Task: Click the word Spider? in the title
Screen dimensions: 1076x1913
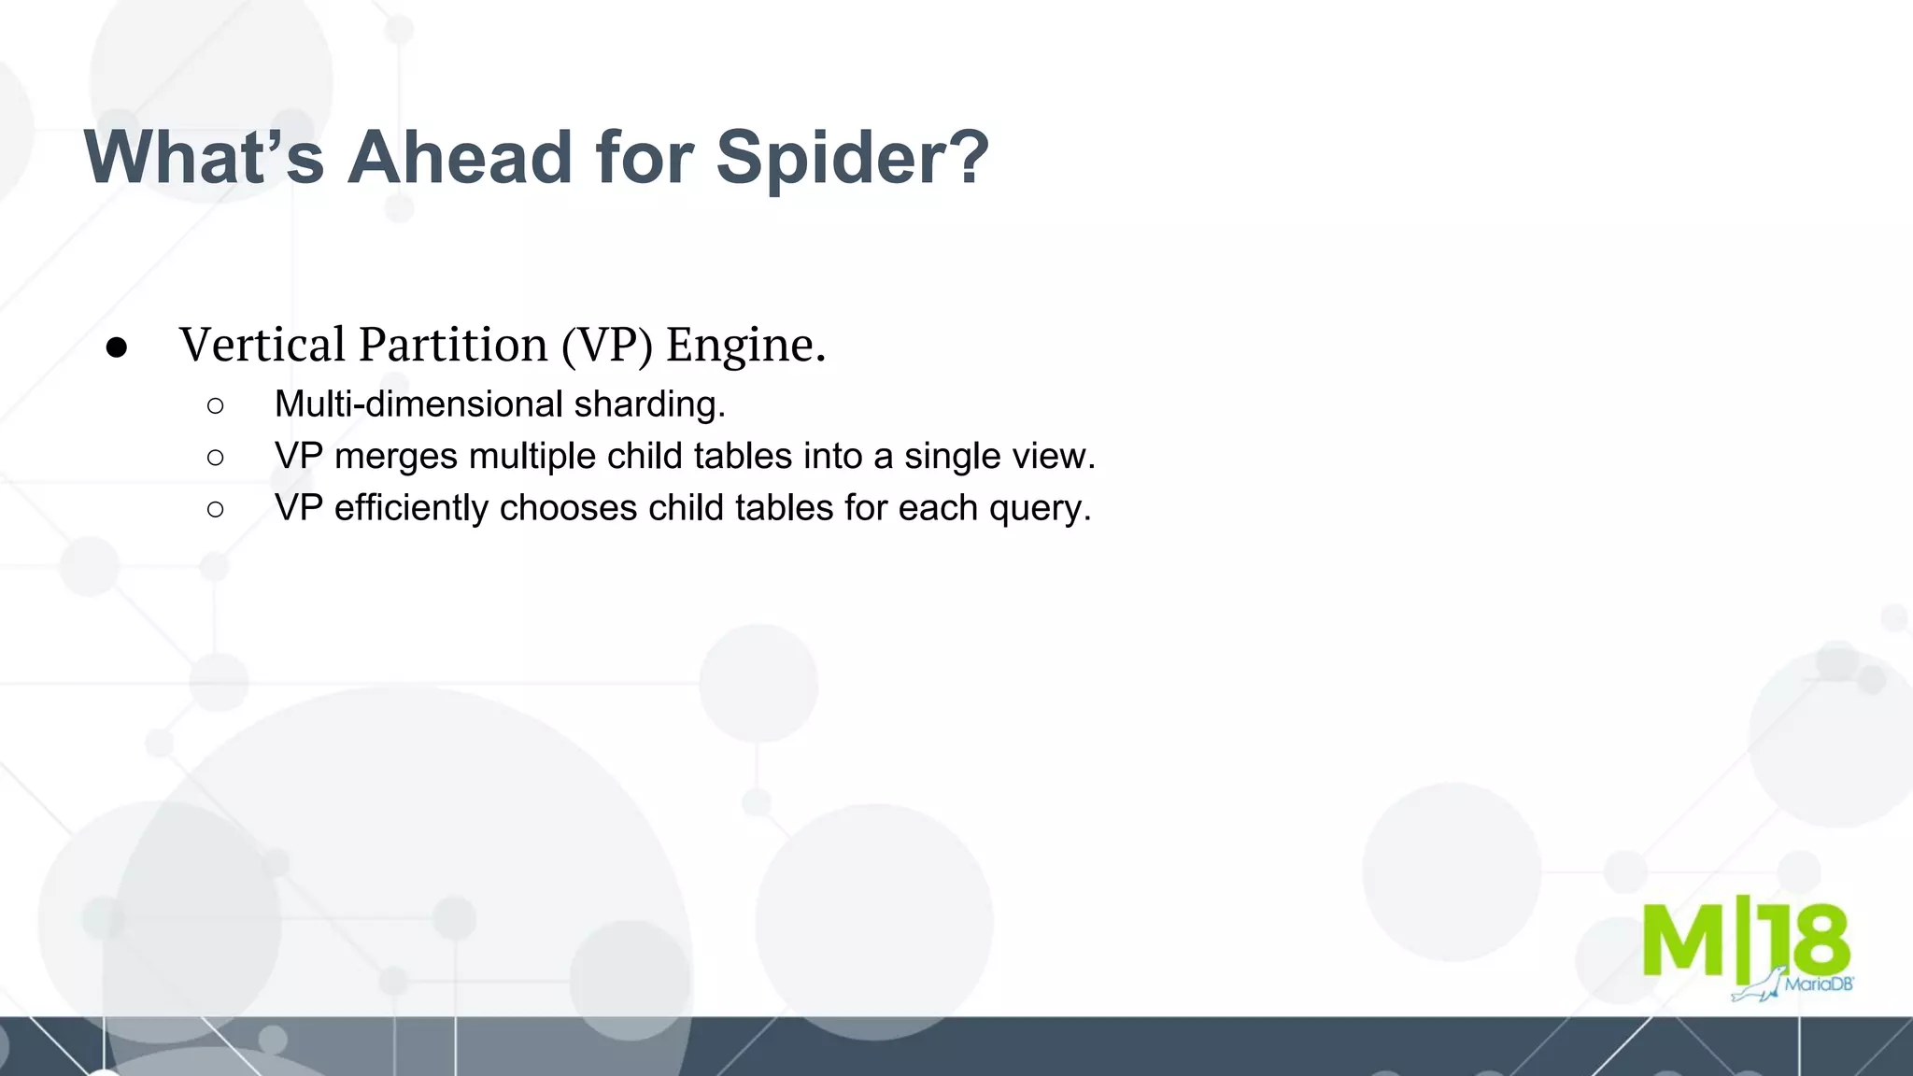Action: [852, 158]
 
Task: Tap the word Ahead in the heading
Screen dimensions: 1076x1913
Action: [460, 156]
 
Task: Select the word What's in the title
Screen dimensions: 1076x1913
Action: [204, 156]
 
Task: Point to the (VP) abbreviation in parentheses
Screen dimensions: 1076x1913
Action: [606, 345]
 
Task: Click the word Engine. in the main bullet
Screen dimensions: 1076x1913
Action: [745, 346]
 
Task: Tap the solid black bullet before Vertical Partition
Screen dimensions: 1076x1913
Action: [117, 347]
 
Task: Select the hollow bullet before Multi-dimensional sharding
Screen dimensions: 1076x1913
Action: [216, 405]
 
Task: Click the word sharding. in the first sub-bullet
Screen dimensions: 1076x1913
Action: [650, 404]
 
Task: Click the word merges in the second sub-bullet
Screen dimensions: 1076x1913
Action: [396, 457]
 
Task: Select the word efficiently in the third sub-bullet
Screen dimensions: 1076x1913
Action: [411, 508]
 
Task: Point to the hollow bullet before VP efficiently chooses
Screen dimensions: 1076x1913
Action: [216, 509]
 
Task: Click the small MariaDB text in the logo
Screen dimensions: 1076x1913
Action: [1818, 984]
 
